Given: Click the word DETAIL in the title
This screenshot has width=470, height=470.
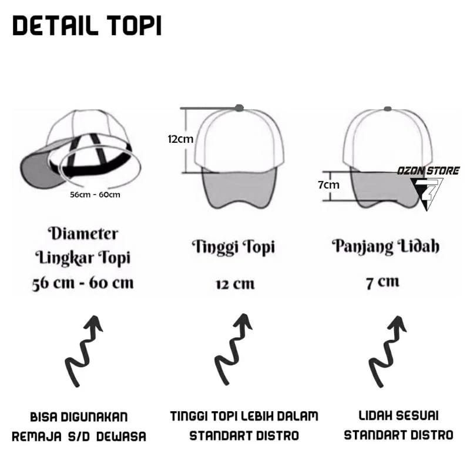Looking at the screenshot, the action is [x=55, y=26].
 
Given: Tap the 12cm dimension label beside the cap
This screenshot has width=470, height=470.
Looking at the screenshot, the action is [x=180, y=139].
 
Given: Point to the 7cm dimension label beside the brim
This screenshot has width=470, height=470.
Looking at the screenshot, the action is [x=329, y=185].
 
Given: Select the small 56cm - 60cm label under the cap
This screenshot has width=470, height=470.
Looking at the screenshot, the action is [x=95, y=195].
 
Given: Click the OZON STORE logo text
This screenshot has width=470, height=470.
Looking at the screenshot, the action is [x=428, y=171].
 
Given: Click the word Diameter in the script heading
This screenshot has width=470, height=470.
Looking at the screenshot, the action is [x=83, y=233].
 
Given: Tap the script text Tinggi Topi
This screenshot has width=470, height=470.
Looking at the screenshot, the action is [x=233, y=247].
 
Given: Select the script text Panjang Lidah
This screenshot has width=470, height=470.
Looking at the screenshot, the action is [x=386, y=247].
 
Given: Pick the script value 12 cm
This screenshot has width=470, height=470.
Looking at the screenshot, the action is [x=236, y=284].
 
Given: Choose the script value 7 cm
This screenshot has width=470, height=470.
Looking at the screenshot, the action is [x=383, y=283].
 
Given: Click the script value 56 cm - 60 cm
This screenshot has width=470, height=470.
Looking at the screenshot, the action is [x=83, y=283].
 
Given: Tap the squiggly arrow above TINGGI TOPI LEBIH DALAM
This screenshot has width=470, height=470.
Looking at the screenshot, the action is [x=233, y=349].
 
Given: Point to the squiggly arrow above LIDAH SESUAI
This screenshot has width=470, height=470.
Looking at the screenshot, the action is [x=387, y=351].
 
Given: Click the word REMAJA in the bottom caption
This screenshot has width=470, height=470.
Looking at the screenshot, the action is [x=37, y=437].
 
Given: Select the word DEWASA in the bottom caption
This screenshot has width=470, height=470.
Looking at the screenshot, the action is [x=121, y=437].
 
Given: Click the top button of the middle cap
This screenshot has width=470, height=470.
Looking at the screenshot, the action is [x=239, y=108].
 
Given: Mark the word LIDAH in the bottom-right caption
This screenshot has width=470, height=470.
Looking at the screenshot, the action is [x=375, y=416].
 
